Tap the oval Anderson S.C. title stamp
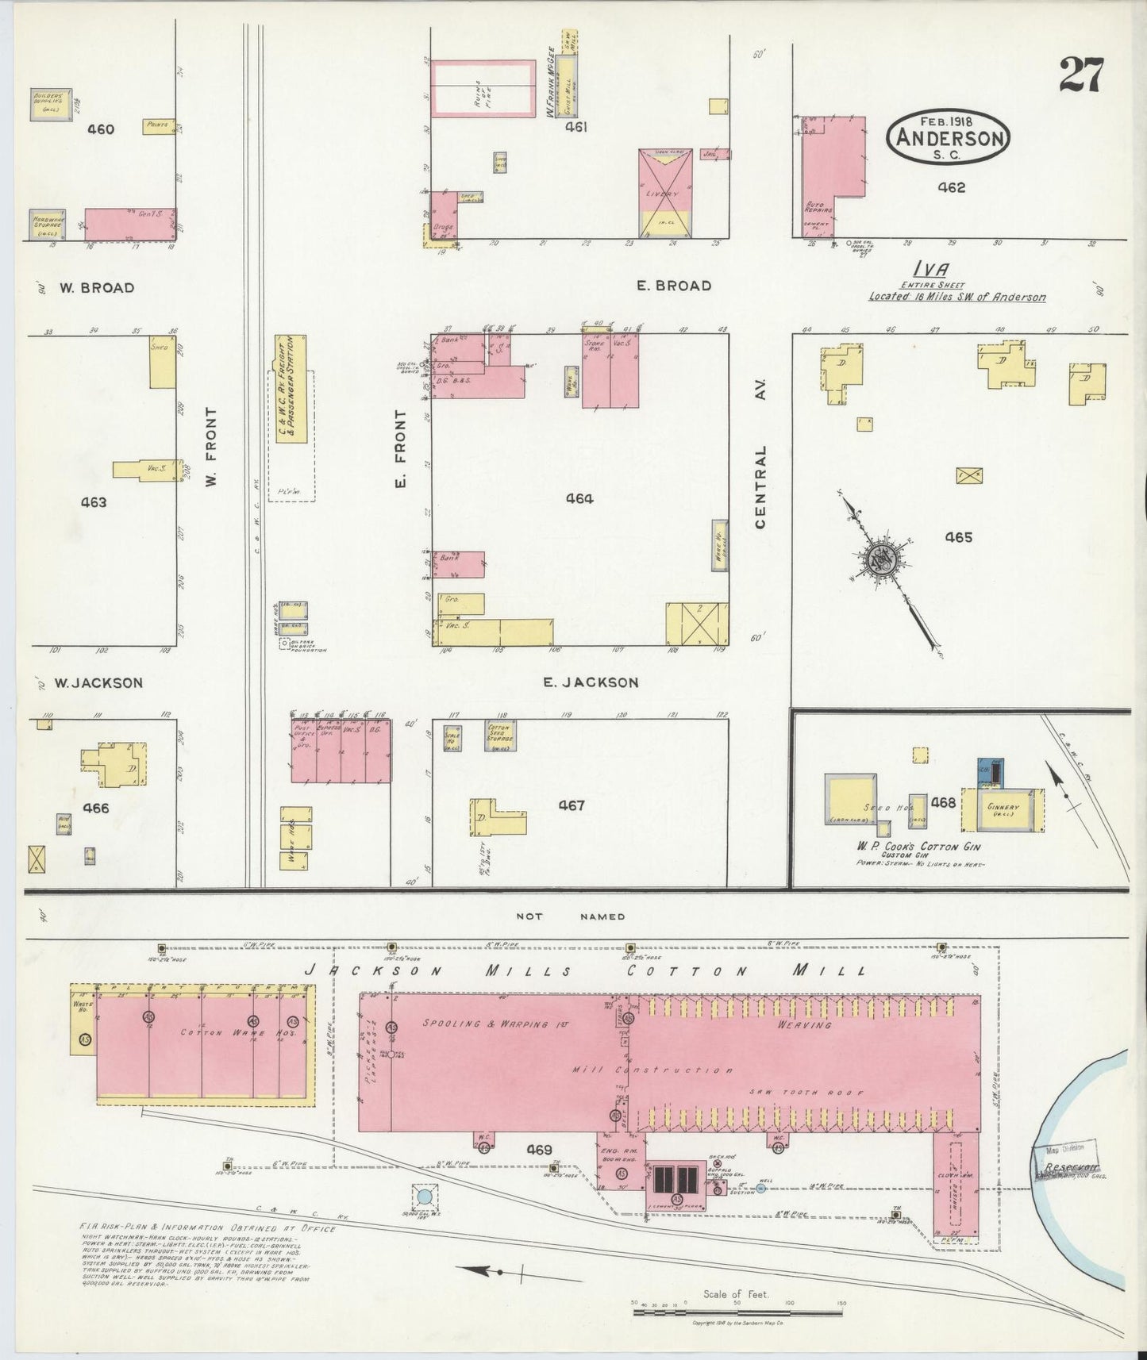(x=949, y=137)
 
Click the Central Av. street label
(x=760, y=486)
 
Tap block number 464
(x=579, y=498)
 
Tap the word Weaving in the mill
(x=807, y=1024)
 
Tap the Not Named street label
(x=570, y=916)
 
